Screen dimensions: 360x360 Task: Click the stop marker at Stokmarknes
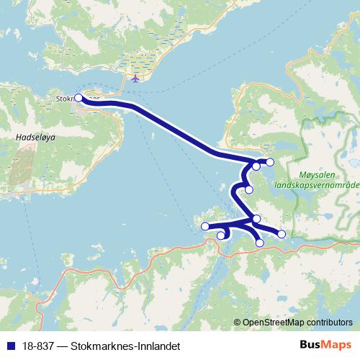pyautogui.click(x=78, y=99)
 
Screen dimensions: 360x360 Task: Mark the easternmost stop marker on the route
pyautogui.click(x=282, y=234)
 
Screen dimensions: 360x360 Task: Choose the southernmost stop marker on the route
pyautogui.click(x=260, y=243)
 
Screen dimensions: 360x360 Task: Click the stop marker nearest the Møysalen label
pyautogui.click(x=270, y=163)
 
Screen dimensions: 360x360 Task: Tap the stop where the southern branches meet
pyautogui.click(x=256, y=219)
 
